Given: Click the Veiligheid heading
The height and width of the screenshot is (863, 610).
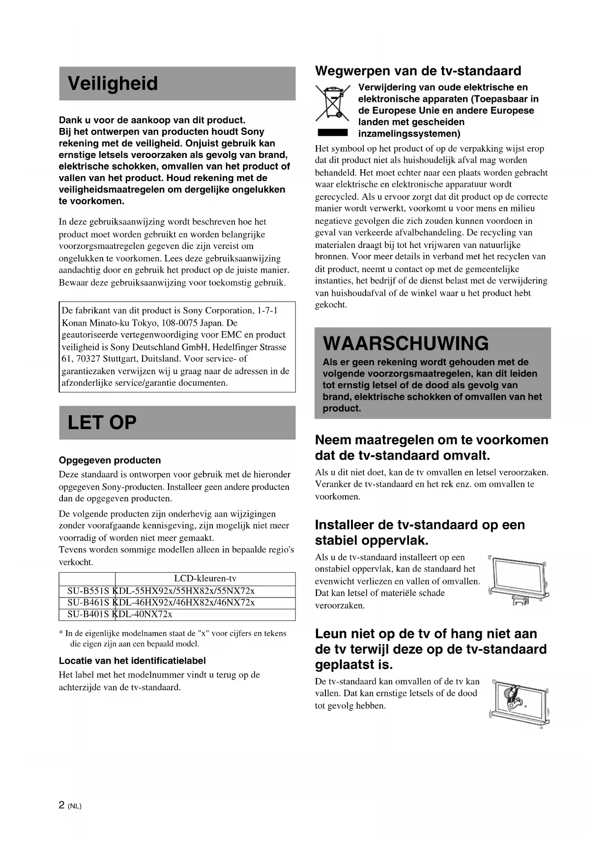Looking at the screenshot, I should pos(113,84).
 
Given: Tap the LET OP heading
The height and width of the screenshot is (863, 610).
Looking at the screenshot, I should pos(102,423).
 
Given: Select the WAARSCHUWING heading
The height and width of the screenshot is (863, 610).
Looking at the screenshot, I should pos(406,343).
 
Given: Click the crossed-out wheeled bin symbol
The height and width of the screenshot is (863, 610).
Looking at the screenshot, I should pos(332,103).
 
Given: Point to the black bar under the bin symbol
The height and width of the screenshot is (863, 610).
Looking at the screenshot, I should pos(333,133).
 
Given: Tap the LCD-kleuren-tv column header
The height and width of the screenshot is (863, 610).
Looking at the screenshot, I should pos(205,579).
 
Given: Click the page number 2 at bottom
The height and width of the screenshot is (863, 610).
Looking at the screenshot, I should pos(61,805).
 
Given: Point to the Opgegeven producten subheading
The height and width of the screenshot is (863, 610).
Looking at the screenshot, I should pos(110,461).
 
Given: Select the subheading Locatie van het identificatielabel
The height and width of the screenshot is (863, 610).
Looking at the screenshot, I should pos(132,661).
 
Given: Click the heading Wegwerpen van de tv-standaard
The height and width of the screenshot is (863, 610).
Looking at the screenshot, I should pos(418,71).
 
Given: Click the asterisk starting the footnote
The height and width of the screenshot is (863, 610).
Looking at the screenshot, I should pos(61,634).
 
